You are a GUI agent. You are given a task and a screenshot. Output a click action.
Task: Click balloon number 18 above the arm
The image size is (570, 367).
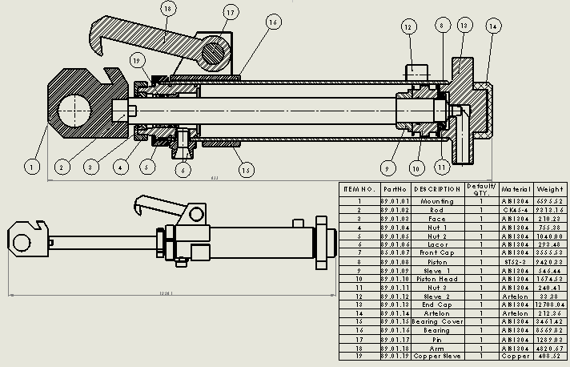(167, 9)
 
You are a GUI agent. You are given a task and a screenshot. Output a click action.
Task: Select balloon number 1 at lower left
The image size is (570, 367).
(31, 167)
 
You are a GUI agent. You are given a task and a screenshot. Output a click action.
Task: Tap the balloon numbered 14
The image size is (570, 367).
(492, 26)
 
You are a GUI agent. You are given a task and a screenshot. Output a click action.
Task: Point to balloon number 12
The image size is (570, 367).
(408, 27)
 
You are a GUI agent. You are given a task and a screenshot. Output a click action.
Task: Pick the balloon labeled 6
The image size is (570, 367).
(184, 169)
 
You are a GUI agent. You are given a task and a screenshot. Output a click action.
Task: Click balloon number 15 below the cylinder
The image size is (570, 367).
(246, 169)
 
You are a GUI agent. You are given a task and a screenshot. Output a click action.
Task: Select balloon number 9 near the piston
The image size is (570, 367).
(387, 168)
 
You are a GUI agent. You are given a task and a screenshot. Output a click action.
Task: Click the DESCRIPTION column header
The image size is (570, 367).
(437, 189)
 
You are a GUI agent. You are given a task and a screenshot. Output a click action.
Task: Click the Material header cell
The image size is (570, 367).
(516, 189)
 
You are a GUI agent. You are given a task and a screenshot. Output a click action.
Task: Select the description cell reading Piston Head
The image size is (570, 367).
(437, 279)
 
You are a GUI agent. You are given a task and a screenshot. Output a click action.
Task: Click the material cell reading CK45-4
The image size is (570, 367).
(516, 211)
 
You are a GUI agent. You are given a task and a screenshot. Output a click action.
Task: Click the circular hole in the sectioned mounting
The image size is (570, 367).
(72, 107)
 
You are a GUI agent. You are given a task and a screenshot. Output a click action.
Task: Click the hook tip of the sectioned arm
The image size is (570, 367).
(99, 51)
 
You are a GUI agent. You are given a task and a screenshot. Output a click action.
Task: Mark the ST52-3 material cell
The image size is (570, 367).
(516, 261)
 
